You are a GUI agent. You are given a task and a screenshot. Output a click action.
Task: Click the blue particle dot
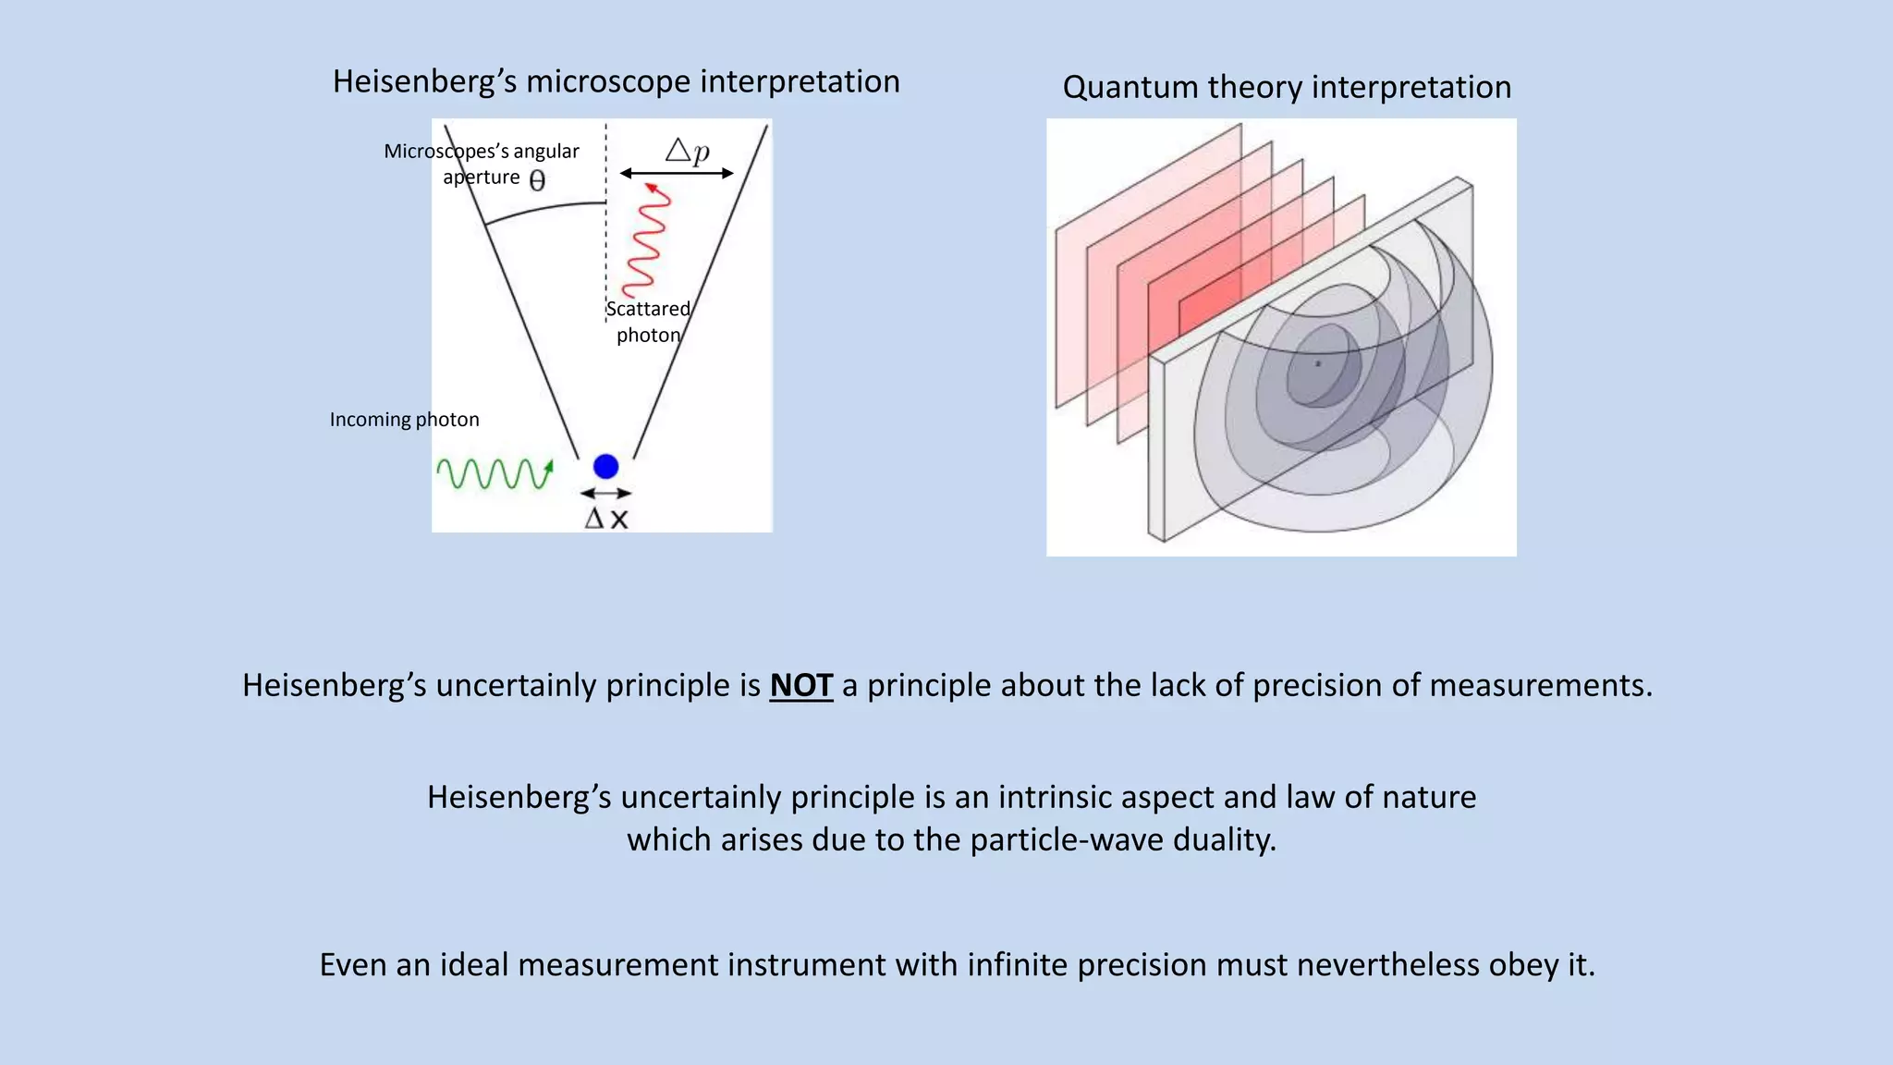click(605, 467)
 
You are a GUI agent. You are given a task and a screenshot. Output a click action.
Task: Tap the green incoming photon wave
click(494, 473)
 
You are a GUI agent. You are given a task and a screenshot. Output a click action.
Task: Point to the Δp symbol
click(688, 150)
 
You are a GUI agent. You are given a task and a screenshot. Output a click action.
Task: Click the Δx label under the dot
click(606, 519)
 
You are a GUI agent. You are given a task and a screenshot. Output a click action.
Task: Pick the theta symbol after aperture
click(537, 180)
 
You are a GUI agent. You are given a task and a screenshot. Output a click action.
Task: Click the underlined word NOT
click(800, 685)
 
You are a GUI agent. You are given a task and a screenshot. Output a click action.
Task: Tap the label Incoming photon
click(404, 420)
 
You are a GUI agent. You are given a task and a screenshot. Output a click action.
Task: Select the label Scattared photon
click(648, 322)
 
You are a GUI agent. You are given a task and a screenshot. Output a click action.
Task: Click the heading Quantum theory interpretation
click(1287, 87)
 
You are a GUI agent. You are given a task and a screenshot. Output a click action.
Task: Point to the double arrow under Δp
click(677, 173)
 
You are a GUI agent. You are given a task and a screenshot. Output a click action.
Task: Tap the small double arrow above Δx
click(605, 494)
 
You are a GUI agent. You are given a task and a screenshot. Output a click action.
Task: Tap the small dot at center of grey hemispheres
click(1318, 364)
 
